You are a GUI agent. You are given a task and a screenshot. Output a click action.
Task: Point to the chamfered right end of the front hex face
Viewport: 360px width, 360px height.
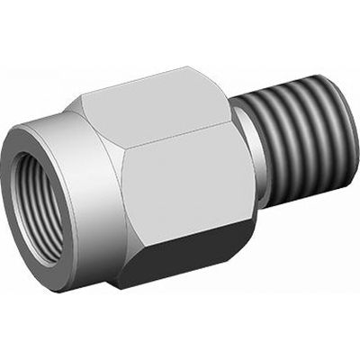point(236,171)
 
